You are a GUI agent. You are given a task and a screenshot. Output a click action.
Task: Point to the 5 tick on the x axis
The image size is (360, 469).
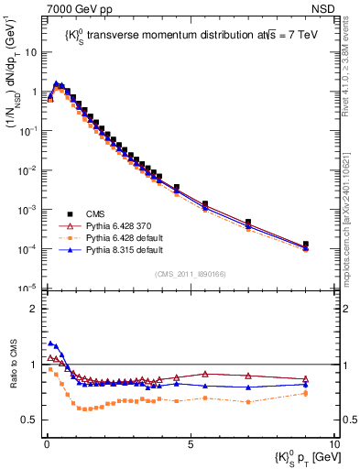189,443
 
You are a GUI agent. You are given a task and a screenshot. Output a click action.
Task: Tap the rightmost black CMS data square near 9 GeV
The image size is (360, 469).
306,245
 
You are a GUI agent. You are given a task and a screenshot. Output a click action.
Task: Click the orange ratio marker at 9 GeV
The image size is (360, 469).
306,394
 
